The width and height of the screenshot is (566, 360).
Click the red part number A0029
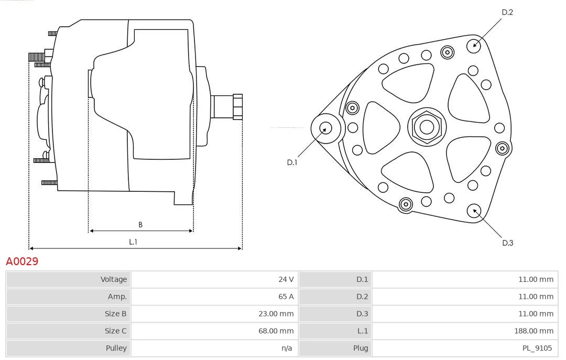tap(22, 261)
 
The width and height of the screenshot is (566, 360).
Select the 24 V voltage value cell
tap(286, 279)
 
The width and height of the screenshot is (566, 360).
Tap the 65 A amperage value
tap(286, 297)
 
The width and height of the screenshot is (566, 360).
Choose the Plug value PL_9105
tap(537, 347)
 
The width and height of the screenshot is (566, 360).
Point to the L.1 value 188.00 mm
tap(534, 331)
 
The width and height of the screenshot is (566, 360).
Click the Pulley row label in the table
tap(116, 347)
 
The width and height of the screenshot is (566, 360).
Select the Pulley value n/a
tap(287, 347)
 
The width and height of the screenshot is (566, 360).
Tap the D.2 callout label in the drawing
tap(507, 12)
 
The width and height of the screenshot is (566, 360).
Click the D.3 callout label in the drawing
tap(507, 243)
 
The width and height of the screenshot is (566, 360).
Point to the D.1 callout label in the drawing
tap(292, 162)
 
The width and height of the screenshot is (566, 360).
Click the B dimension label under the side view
tap(140, 225)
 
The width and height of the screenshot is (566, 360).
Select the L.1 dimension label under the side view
tap(133, 242)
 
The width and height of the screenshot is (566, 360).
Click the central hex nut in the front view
tap(427, 127)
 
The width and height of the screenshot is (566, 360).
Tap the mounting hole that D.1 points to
tap(326, 128)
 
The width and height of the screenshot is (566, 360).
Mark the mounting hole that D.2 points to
tap(474, 45)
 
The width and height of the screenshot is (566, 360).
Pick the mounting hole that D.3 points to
tap(475, 211)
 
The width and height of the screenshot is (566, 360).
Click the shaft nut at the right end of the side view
tap(237, 107)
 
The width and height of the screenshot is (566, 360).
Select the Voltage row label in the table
tap(114, 279)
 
